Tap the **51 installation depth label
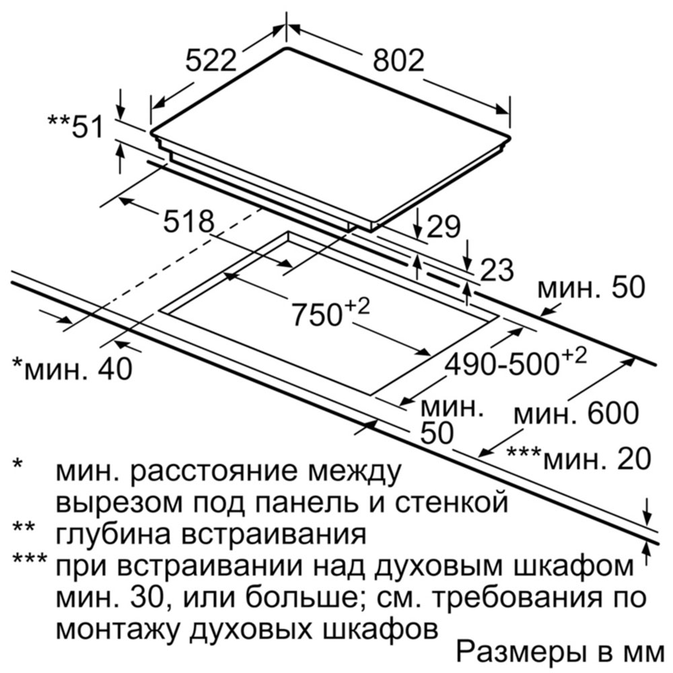tap(75, 127)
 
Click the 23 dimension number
tap(497, 270)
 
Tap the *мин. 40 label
tap(73, 368)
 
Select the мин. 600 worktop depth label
tap(577, 413)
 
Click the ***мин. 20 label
tap(579, 458)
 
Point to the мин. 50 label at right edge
tap(592, 287)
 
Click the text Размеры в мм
tap(560, 653)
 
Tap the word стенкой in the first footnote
tap(451, 502)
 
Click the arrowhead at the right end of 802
tap(503, 109)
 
